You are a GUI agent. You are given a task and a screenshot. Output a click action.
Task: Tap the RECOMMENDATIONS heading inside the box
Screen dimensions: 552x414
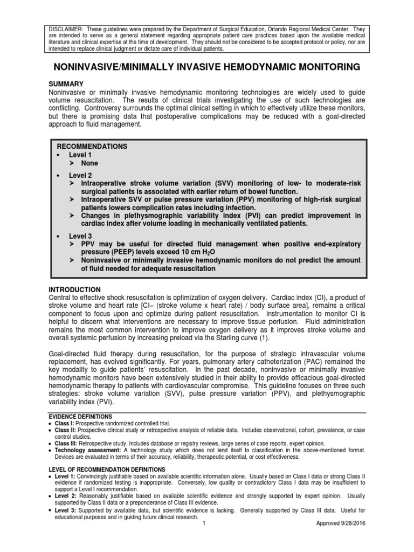[x=92, y=146]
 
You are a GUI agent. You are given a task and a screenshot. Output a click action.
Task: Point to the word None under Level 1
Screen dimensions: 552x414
[x=89, y=163]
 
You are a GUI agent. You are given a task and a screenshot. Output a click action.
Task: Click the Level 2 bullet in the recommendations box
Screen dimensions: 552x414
[x=80, y=175]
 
